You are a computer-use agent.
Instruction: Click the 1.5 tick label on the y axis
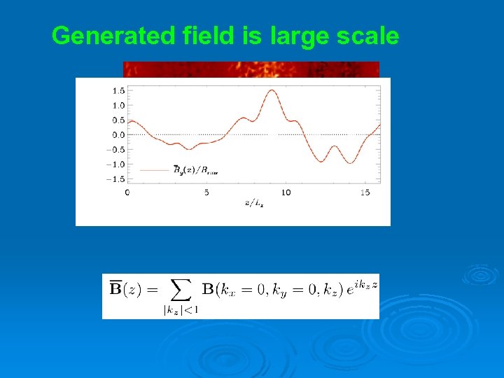pyautogui.click(x=118, y=90)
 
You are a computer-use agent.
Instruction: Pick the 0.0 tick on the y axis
pyautogui.click(x=118, y=134)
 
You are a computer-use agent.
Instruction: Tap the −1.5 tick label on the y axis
pyautogui.click(x=115, y=179)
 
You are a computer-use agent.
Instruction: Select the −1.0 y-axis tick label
pyautogui.click(x=115, y=164)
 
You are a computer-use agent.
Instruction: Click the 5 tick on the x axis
pyautogui.click(x=206, y=192)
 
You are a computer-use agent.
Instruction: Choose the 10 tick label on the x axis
pyautogui.click(x=286, y=192)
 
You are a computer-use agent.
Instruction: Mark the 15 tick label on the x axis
pyautogui.click(x=365, y=192)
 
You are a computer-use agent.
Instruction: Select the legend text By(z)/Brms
pyautogui.click(x=196, y=169)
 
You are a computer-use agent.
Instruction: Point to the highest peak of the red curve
pyautogui.click(x=270, y=90)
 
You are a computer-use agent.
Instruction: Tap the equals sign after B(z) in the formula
pyautogui.click(x=152, y=288)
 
